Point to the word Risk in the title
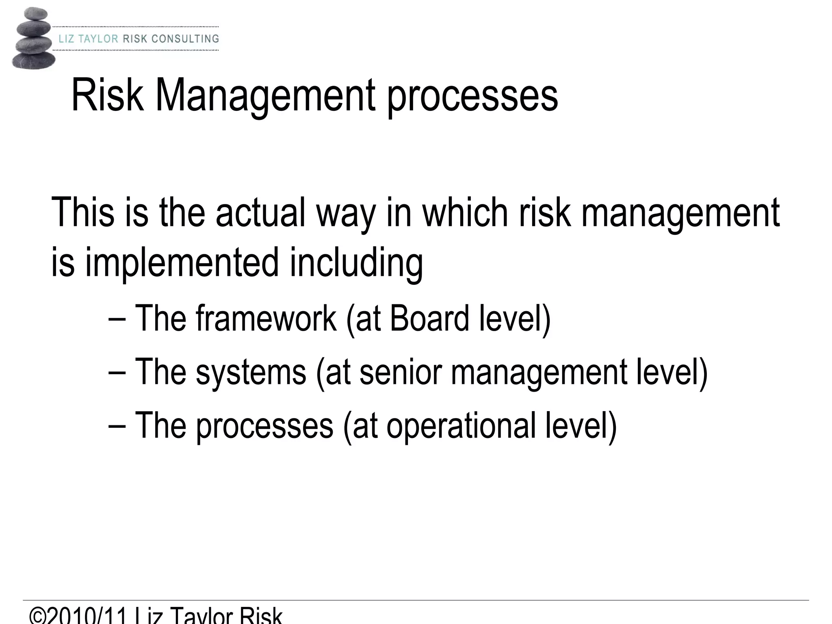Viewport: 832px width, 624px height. pos(107,96)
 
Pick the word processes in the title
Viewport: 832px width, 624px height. pos(472,97)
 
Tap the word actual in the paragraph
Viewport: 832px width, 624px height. pos(260,212)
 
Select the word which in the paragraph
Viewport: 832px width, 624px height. pos(466,212)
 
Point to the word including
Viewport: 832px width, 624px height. pos(356,263)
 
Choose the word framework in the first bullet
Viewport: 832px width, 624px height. pos(266,318)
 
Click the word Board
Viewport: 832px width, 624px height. pos(429,318)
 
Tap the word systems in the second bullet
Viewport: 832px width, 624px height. pos(251,373)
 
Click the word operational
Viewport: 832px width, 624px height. pos(461,426)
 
